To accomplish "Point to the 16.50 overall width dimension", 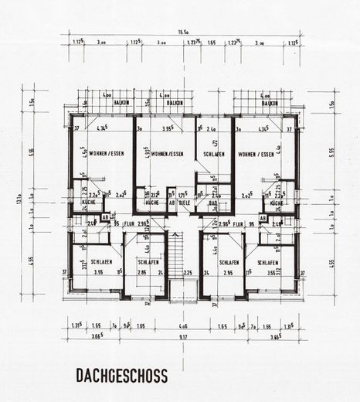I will [x=184, y=33].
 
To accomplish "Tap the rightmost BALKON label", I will [x=270, y=103].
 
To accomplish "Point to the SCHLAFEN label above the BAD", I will [x=212, y=155].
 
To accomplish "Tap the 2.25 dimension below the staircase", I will [x=188, y=272].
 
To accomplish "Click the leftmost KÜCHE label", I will [x=88, y=203].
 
